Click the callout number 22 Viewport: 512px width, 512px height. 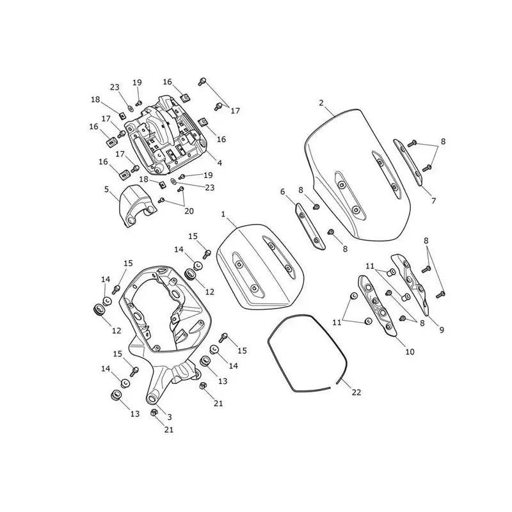tap(356, 392)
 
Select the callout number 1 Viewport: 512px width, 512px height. tap(223, 214)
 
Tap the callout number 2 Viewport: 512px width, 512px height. tap(321, 103)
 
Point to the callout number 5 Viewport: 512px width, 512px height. tap(106, 189)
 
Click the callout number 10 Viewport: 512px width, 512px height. tap(410, 351)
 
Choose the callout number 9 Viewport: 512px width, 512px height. tap(442, 330)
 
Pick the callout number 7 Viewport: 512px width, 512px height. tap(434, 200)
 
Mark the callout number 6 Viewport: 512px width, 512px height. tap(283, 191)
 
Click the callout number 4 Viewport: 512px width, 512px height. tap(220, 163)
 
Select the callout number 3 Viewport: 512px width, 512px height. tap(170, 417)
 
